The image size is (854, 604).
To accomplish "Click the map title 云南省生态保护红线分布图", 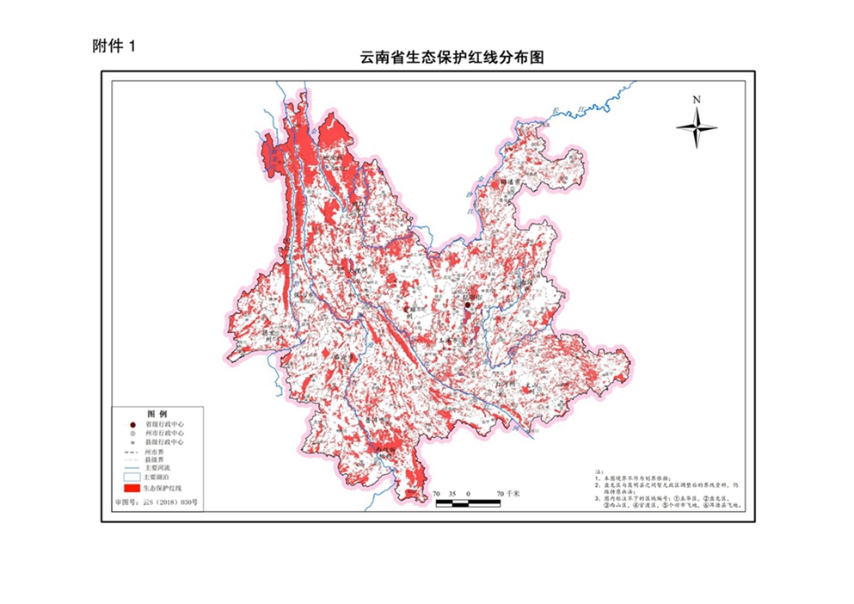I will (x=453, y=59).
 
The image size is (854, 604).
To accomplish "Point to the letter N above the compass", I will (x=696, y=100).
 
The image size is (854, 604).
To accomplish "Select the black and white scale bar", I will (x=468, y=502).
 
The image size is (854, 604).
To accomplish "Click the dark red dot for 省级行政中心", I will (x=132, y=425).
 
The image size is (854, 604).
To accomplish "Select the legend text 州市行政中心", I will (x=167, y=434).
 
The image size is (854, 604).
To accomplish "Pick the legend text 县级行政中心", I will (x=167, y=442).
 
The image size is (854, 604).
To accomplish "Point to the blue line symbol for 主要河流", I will (x=132, y=468).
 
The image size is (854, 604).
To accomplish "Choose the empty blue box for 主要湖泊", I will (x=132, y=476).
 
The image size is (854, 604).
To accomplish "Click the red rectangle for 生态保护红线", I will (x=132, y=487).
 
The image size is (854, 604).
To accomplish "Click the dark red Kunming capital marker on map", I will (x=468, y=305).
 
